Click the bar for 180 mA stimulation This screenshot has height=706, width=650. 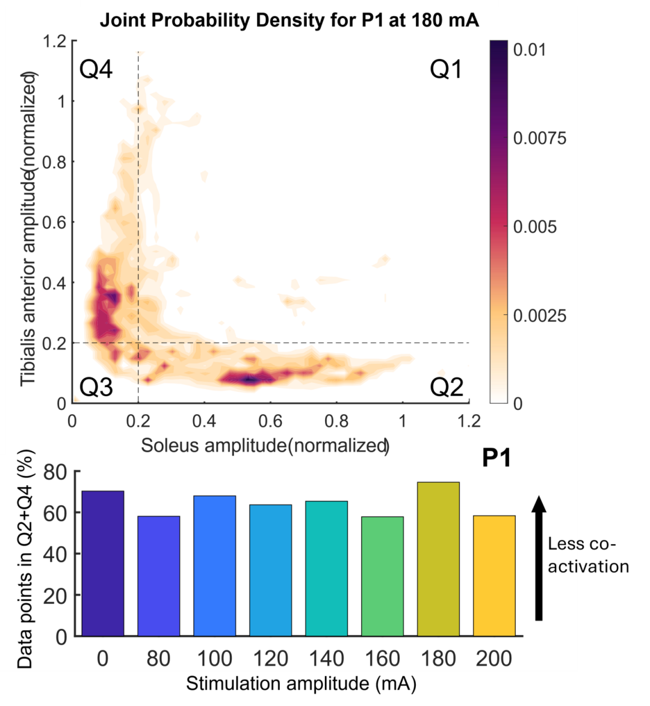(438, 559)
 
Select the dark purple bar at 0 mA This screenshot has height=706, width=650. (103, 563)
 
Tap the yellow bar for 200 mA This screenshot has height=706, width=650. (494, 575)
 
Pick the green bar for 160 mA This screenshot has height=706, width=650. (382, 576)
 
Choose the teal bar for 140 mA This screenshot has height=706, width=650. (326, 568)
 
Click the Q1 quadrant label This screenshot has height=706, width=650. (446, 69)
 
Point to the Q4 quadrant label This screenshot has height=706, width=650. (96, 69)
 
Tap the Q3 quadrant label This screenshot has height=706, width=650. (96, 387)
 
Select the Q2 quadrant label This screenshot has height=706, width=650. (447, 387)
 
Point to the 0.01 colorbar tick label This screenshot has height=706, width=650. (530, 49)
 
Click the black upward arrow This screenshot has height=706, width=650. (539, 559)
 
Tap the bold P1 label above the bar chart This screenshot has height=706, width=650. (497, 459)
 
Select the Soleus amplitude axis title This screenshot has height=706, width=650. (265, 445)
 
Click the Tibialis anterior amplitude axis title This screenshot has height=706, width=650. (28, 229)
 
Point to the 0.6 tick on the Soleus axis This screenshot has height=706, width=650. (270, 421)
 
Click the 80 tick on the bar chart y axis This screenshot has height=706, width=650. (55, 472)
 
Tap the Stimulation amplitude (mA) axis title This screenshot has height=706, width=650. (301, 684)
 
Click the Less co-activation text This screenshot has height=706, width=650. (589, 555)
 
